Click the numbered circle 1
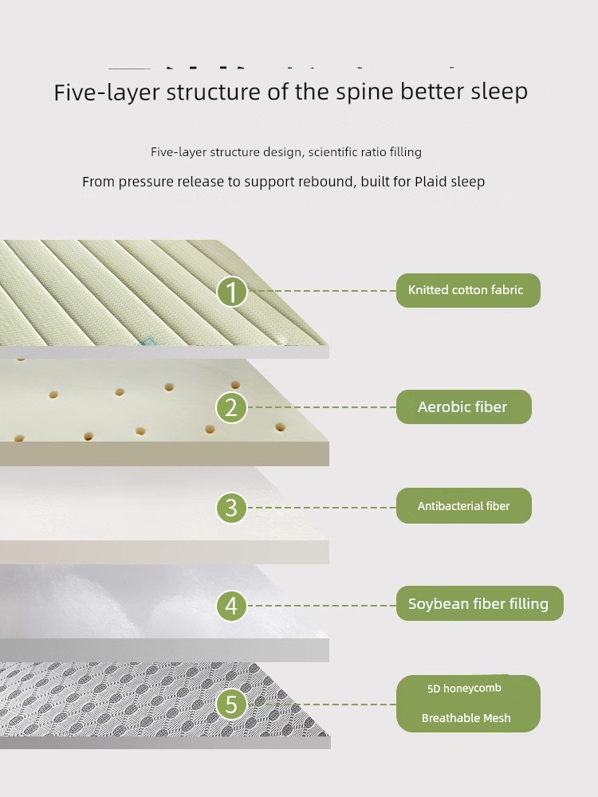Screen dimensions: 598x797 232,291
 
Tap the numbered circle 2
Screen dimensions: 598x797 231,407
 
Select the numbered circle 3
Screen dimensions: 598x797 231,507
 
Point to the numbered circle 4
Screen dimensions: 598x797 231,606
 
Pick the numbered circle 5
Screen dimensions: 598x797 231,705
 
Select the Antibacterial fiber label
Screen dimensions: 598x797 464,506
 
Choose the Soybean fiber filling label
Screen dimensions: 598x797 479,603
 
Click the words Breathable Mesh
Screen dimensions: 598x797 466,718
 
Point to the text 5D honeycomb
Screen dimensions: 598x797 464,689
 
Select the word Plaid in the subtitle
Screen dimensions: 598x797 430,182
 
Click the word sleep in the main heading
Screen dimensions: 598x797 499,92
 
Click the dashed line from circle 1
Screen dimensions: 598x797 322,291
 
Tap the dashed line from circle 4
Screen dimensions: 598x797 322,606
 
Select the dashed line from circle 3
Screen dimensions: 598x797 322,507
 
